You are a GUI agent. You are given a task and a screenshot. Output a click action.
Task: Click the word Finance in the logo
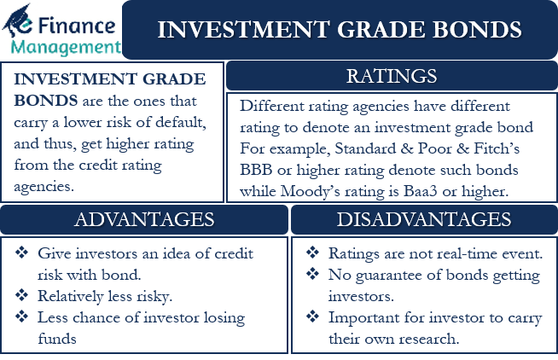click(x=78, y=17)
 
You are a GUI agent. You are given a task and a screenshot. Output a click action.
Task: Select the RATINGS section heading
click(x=392, y=77)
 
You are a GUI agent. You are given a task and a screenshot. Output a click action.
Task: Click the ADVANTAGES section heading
click(x=144, y=219)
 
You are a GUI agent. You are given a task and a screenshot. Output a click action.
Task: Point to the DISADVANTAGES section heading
click(x=423, y=219)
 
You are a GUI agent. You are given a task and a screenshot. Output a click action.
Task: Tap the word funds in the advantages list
click(x=56, y=339)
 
